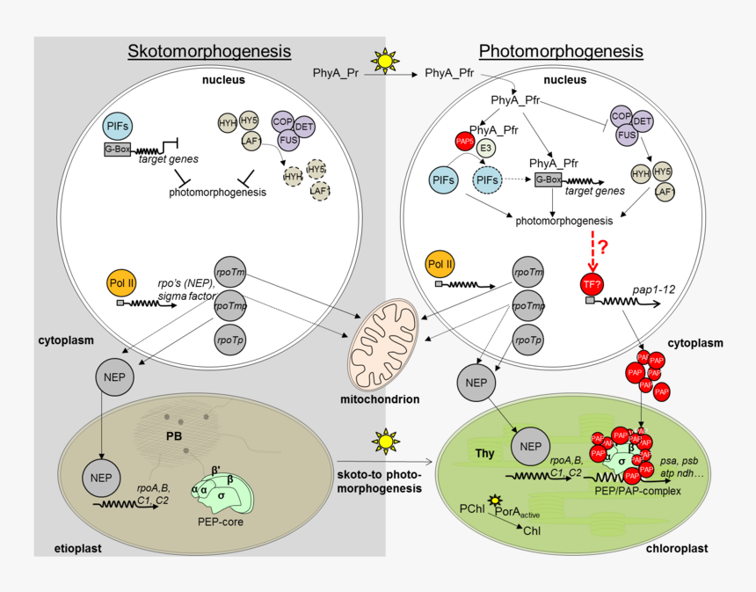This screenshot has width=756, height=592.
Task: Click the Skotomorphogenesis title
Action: [209, 51]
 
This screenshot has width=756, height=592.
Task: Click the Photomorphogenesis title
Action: [560, 51]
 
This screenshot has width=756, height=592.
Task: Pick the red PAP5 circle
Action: [463, 141]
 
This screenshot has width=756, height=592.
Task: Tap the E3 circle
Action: [484, 149]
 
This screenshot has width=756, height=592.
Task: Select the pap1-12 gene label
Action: [652, 287]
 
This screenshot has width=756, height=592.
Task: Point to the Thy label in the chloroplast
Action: [484, 454]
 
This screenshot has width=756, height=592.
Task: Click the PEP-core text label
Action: [220, 522]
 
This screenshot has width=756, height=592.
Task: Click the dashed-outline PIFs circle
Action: [489, 180]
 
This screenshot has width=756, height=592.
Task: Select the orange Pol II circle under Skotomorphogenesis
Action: [123, 284]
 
